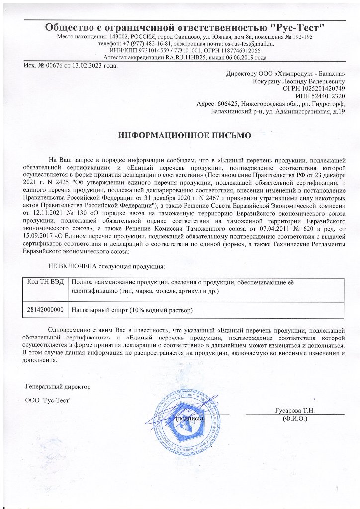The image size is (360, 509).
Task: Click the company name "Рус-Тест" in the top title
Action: pos(298,26)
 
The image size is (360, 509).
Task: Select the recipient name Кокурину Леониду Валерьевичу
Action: pos(292,81)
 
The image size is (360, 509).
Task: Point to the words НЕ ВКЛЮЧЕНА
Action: pos(70,267)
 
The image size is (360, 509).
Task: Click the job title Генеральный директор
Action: pos(58,386)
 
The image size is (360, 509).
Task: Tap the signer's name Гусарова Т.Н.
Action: pos(295,411)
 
